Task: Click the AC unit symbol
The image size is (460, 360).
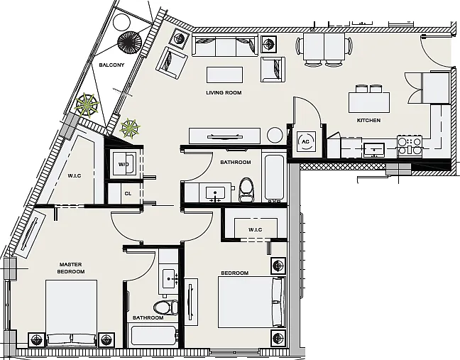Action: (306, 141)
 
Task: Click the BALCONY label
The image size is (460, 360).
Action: (111, 65)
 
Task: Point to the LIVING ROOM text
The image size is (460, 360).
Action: (224, 93)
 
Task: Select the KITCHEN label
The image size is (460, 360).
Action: (368, 120)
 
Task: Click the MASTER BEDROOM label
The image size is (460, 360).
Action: (71, 268)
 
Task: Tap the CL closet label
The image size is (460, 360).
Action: (128, 194)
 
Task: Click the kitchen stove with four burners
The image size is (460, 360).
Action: (410, 146)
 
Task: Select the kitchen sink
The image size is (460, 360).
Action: (374, 151)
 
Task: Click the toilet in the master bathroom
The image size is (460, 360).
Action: (165, 307)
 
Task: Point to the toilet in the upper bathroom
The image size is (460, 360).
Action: (246, 190)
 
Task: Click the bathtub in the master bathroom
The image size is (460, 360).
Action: (154, 336)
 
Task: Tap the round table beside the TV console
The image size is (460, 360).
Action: (275, 135)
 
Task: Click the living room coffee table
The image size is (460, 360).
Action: (225, 75)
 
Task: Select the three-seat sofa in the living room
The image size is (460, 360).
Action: (225, 45)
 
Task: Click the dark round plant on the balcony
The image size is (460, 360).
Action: (130, 43)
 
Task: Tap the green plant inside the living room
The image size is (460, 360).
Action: (130, 129)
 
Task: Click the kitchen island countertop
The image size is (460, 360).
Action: (369, 102)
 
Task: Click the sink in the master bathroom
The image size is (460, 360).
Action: (169, 278)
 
